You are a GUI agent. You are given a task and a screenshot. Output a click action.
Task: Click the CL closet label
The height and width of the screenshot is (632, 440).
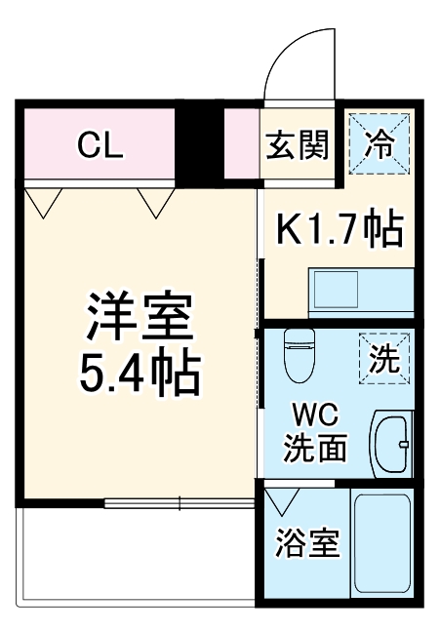click(100, 145)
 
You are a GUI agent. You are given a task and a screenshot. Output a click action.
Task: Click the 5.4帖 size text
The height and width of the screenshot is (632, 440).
click(142, 372)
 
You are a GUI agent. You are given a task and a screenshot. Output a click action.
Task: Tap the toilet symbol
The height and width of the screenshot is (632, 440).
click(298, 357)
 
